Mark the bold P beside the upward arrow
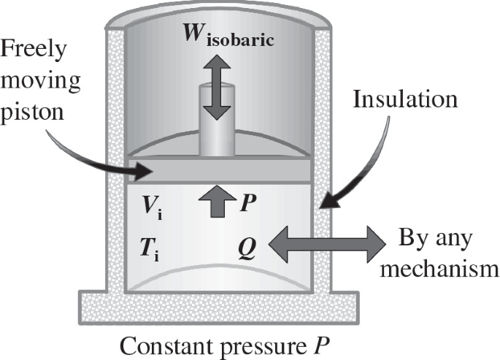point(247,202)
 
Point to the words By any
point(436,240)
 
